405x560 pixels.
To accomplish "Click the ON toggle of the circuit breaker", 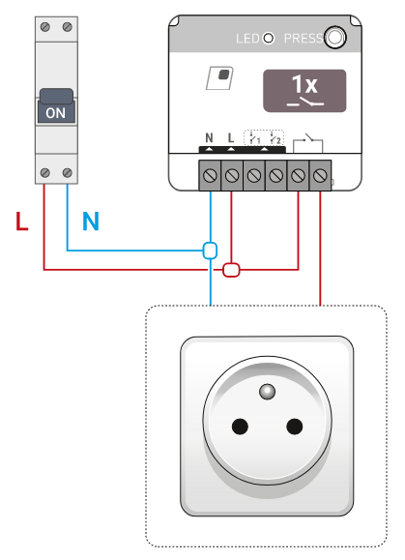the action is (x=56, y=105).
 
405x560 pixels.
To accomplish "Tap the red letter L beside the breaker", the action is (x=22, y=221).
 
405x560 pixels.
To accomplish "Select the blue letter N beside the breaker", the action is (x=91, y=221).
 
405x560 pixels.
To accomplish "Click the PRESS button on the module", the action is (x=335, y=37).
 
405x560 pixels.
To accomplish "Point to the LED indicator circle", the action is (x=269, y=38).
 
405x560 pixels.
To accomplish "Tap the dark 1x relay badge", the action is (x=304, y=91).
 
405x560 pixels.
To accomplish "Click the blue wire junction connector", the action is (x=210, y=251).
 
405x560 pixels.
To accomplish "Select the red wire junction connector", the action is (x=231, y=270).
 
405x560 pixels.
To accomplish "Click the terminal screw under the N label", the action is (x=210, y=176).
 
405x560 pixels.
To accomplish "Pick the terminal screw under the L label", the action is (x=232, y=176).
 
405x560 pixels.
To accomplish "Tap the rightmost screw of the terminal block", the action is (x=320, y=176).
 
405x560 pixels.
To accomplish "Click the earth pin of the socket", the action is (x=268, y=392).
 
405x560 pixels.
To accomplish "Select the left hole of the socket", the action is (x=240, y=427).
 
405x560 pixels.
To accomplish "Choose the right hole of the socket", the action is (x=295, y=427).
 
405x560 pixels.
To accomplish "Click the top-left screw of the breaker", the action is (x=45, y=27).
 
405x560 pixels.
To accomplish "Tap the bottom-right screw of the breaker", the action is (x=68, y=173).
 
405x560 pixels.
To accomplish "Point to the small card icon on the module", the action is (x=219, y=77).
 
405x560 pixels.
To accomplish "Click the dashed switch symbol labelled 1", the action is (x=254, y=138).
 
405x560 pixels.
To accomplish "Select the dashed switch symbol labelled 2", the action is (x=275, y=138).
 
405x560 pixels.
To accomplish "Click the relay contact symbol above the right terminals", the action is (x=308, y=143).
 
